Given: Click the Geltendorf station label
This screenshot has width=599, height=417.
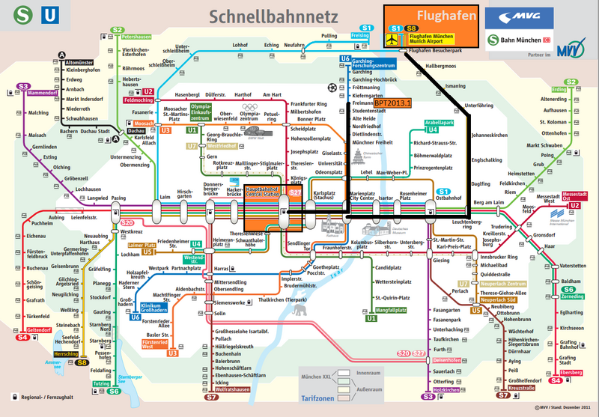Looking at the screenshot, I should (38, 329).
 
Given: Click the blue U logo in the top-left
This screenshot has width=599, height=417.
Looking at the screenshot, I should (49, 15).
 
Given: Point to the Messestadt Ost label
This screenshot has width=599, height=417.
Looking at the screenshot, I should (574, 198).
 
